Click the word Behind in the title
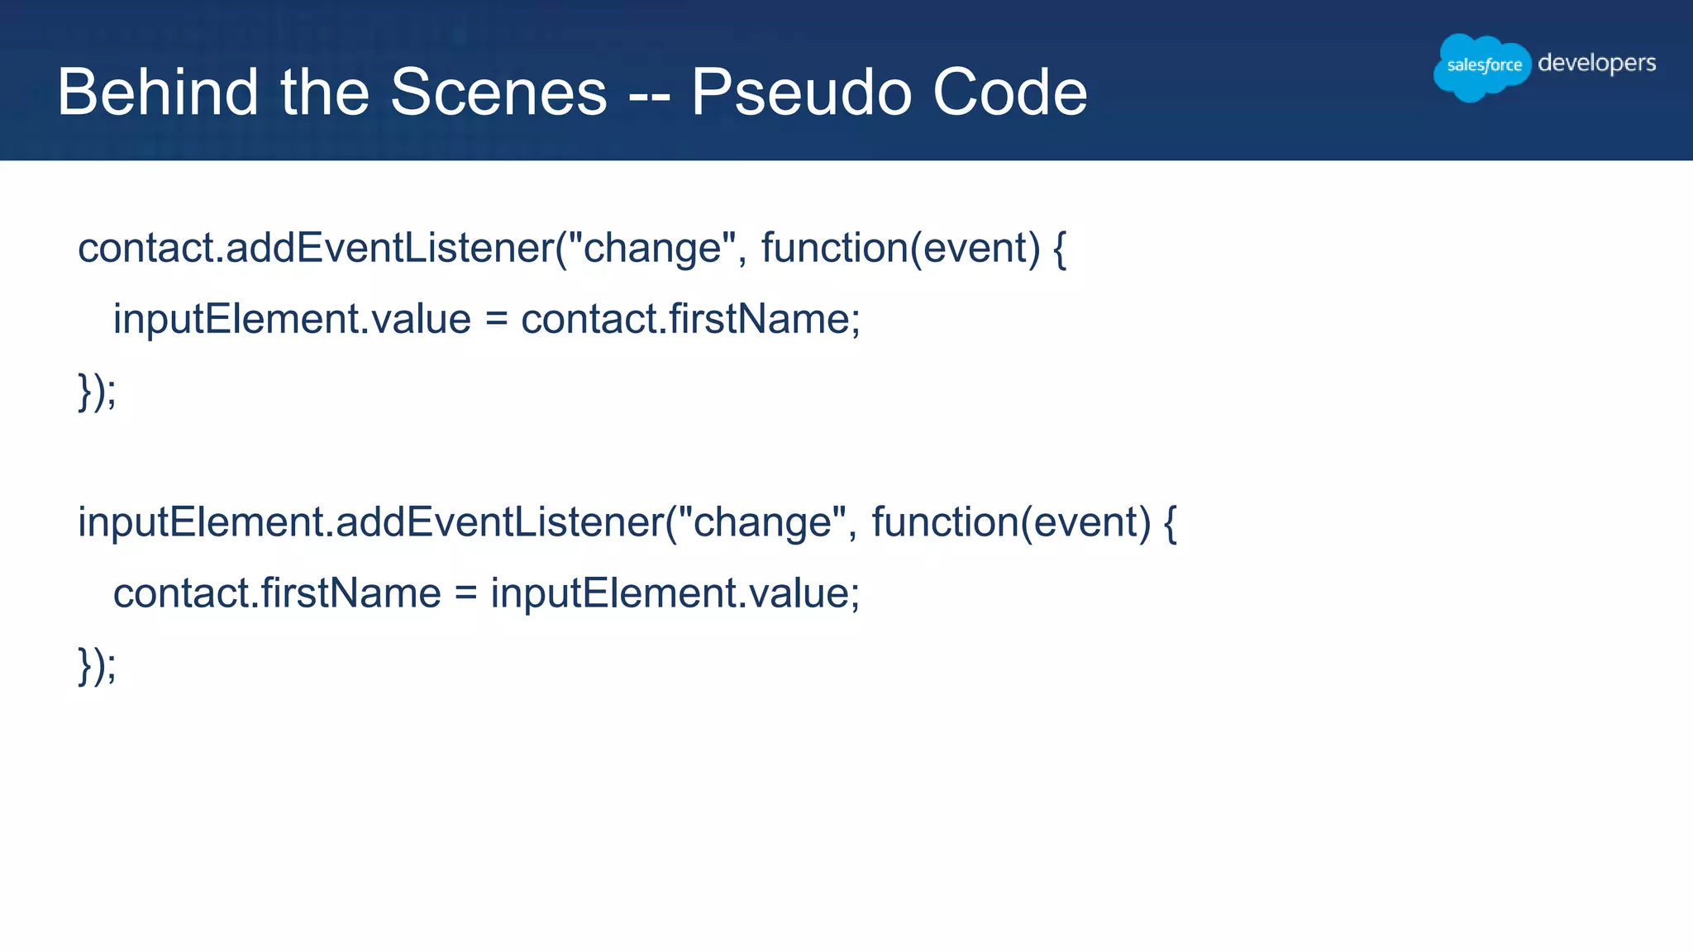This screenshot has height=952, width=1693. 157,92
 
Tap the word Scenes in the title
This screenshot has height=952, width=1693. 498,92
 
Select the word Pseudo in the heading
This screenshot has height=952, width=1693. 800,92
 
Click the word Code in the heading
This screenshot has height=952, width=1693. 1009,92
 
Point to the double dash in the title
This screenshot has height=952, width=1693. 649,95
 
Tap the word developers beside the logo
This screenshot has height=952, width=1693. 1596,64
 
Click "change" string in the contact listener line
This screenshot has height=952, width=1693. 651,248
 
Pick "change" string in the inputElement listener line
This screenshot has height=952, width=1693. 761,522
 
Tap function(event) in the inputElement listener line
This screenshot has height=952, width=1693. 1010,522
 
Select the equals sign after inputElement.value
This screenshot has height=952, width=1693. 496,320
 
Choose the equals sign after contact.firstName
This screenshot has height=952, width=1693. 465,594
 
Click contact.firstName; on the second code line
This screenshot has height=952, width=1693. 690,319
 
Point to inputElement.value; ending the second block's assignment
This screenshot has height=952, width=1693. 675,593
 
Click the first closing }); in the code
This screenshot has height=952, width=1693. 97,391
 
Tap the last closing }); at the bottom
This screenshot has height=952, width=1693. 97,665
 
